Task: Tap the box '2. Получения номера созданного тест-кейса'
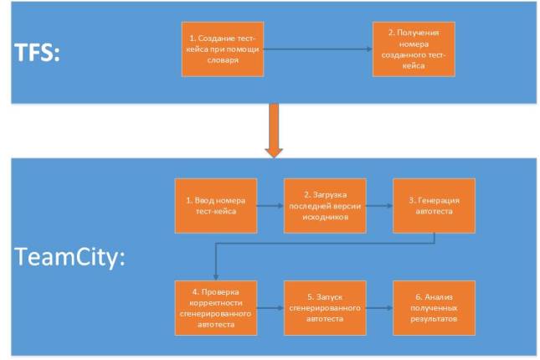415,49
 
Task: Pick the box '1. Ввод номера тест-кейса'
215,205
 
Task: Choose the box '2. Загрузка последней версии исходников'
324,205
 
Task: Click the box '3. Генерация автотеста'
434,205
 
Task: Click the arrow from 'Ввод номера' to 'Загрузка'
270,205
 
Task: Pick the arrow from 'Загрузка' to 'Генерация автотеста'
379,205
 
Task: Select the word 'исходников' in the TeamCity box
324,217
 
